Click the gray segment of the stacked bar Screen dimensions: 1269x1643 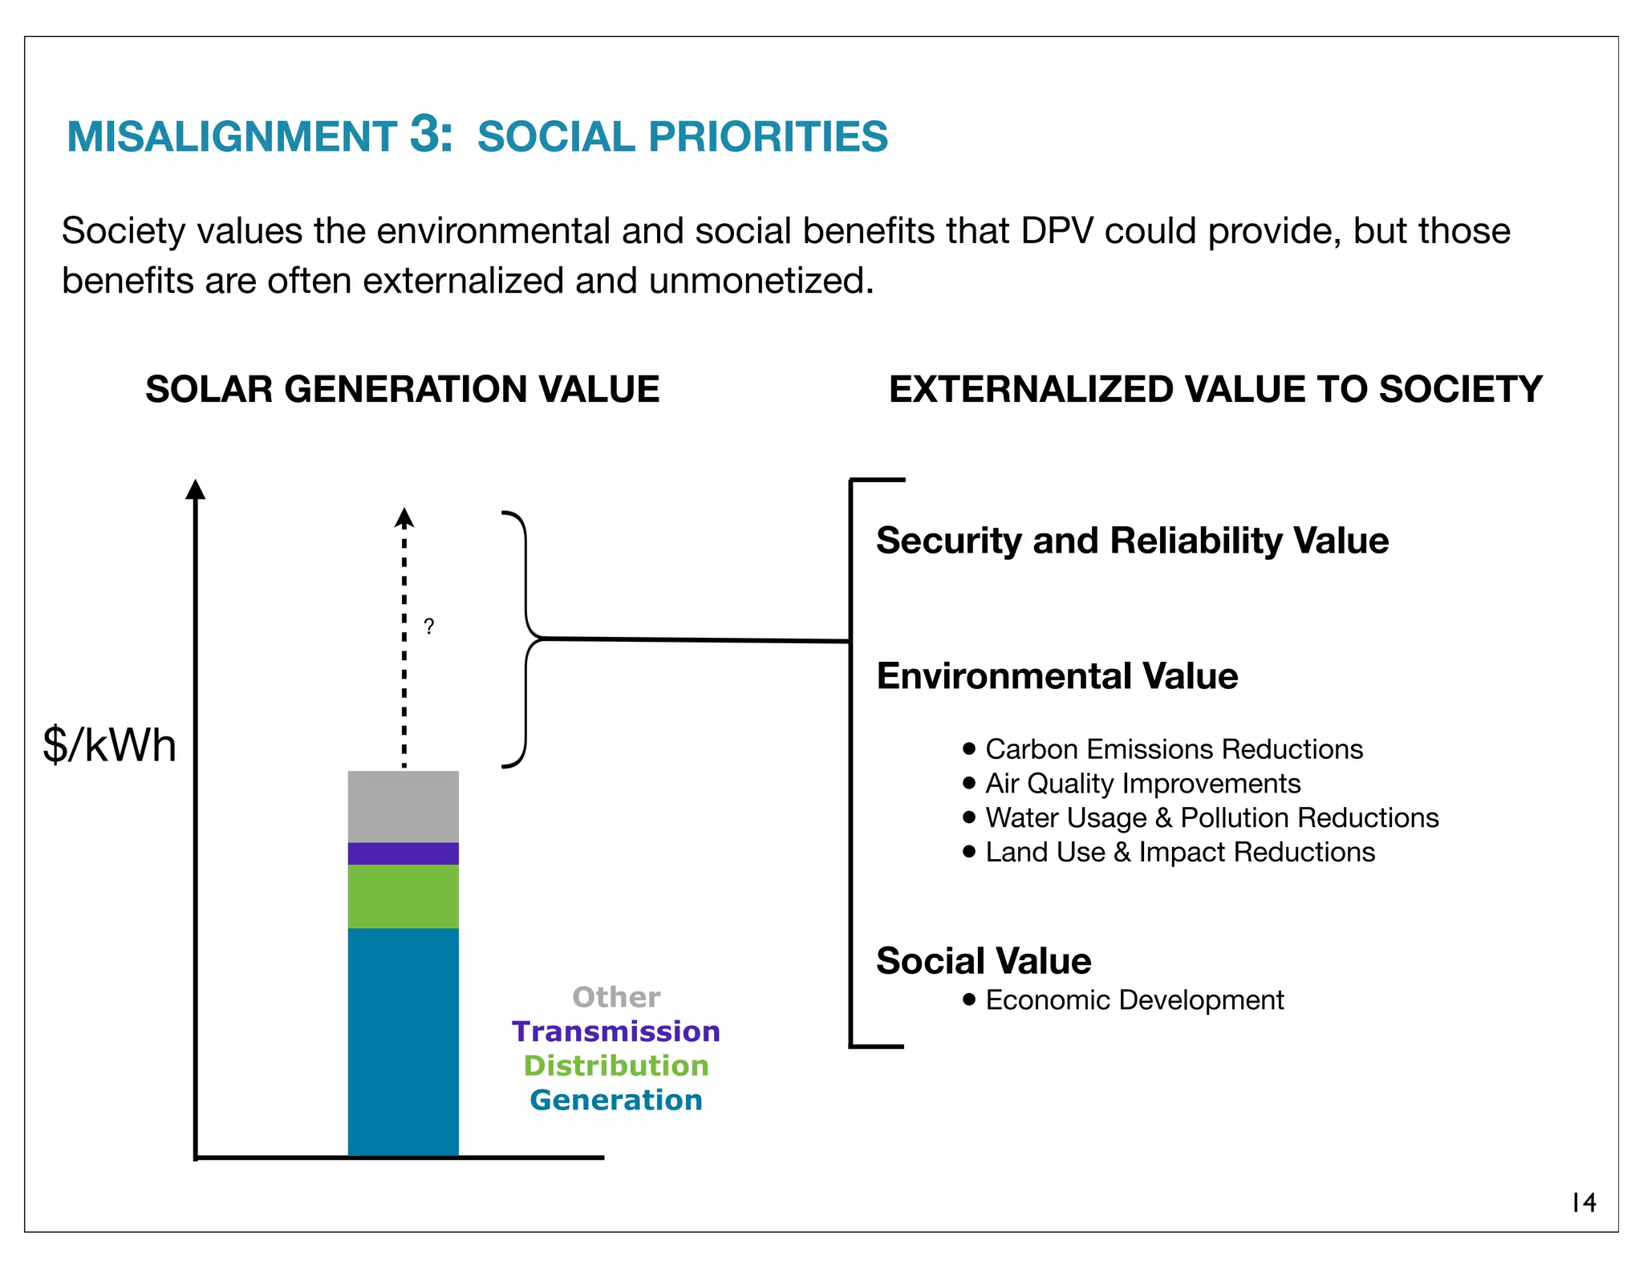403,806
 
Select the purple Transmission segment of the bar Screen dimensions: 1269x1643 403,853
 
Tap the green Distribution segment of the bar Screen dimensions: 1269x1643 403,896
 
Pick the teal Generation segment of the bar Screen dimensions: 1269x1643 403,1041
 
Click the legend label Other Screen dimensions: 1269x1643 616,997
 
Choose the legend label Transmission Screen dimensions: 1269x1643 616,1032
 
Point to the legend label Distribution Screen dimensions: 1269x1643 616,1066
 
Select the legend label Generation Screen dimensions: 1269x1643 616,1100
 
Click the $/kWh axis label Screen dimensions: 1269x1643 109,745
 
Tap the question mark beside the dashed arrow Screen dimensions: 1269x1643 429,626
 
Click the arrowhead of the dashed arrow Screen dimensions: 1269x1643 404,518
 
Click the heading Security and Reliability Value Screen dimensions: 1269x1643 1132,541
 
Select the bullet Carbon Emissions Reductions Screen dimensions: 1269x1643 1174,749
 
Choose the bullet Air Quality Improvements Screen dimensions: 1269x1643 1142,784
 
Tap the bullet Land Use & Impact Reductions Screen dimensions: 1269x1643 1179,852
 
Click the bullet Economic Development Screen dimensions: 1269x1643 1134,1000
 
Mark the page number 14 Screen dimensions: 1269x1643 1584,1202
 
